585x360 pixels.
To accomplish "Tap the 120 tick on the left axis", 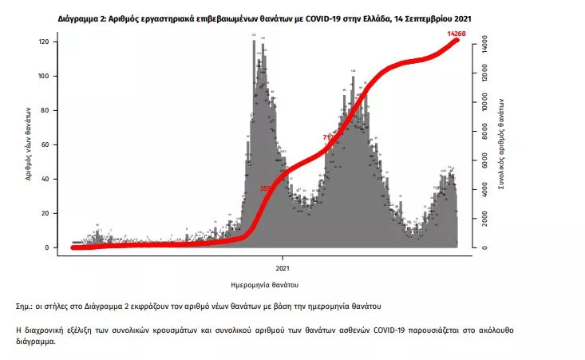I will tap(46, 42).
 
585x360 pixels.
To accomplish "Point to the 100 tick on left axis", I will tap(46, 76).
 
